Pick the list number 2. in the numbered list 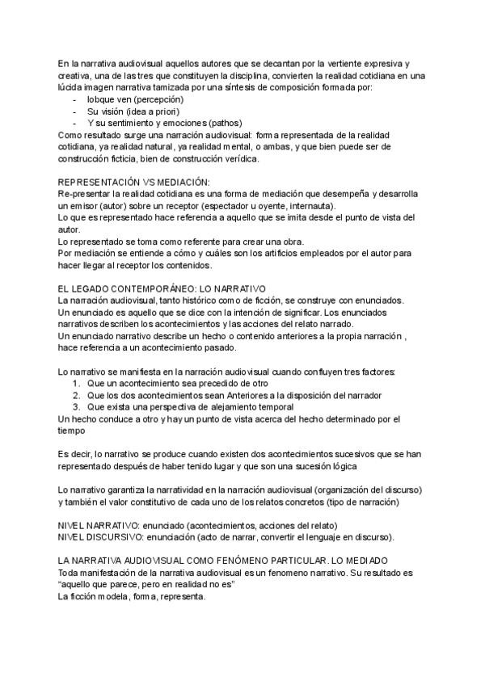(76, 395)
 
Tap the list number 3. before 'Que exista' (76, 407)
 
